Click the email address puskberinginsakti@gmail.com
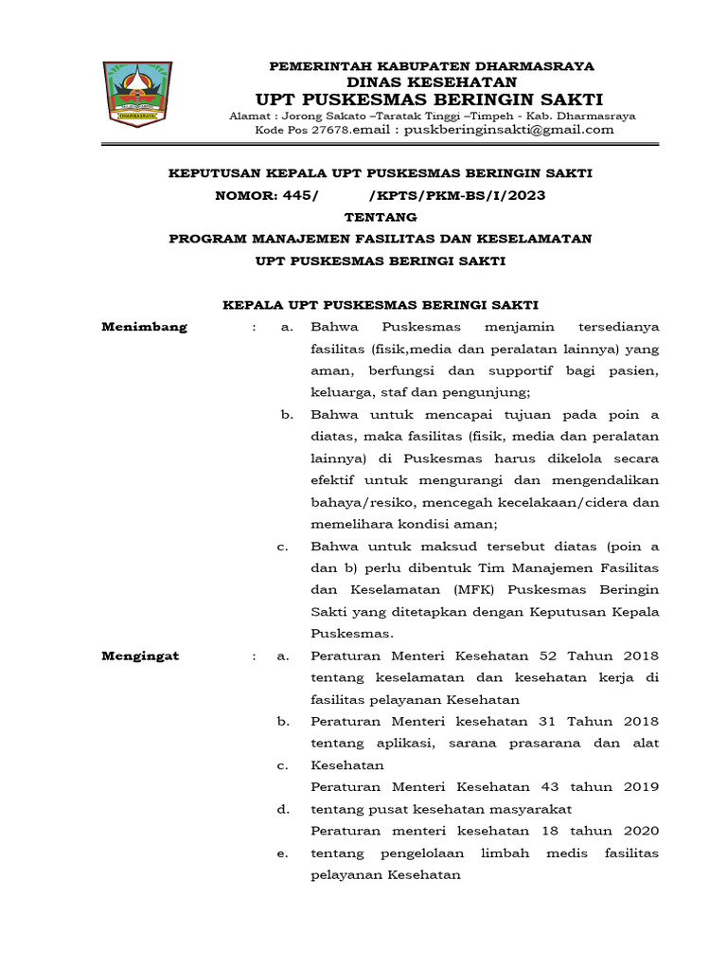(508, 130)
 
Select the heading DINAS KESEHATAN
(432, 82)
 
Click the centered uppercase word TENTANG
(380, 217)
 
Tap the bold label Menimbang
(144, 327)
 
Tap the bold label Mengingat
(140, 656)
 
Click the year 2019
(638, 786)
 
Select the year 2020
(638, 831)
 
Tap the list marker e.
(282, 853)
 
